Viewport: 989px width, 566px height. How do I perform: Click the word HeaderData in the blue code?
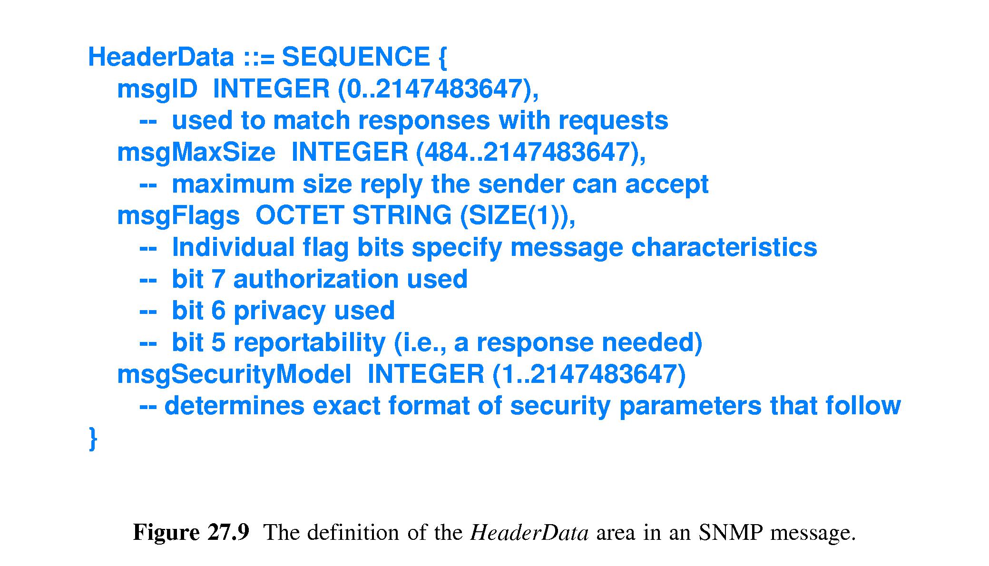pyautogui.click(x=161, y=57)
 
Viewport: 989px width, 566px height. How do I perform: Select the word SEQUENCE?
pyautogui.click(x=356, y=57)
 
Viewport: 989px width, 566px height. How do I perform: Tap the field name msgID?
pyautogui.click(x=157, y=89)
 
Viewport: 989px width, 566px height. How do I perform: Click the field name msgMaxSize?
pyautogui.click(x=196, y=153)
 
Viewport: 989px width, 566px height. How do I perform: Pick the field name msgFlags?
pyautogui.click(x=178, y=215)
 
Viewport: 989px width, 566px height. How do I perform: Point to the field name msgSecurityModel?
pyautogui.click(x=234, y=374)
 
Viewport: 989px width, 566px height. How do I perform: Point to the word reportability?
pyautogui.click(x=309, y=343)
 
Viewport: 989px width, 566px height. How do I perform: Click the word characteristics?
pyautogui.click(x=724, y=247)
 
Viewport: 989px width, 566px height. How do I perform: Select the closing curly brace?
pyautogui.click(x=93, y=438)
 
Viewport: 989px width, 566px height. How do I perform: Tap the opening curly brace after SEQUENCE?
pyautogui.click(x=441, y=58)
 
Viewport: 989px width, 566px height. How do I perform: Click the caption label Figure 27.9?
pyautogui.click(x=191, y=532)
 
